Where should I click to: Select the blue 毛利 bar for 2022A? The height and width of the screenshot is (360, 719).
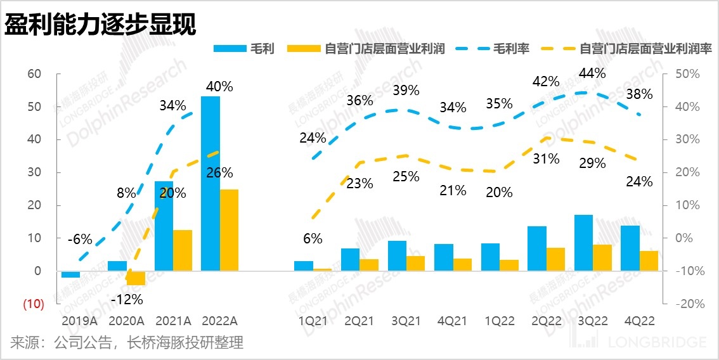(211, 184)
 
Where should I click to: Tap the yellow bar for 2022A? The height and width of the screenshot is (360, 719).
(230, 230)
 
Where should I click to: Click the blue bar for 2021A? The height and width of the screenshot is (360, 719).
(164, 226)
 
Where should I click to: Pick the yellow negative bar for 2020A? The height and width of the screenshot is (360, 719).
(136, 278)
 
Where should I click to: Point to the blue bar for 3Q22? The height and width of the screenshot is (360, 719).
(583, 243)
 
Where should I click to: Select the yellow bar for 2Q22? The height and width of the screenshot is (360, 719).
(555, 259)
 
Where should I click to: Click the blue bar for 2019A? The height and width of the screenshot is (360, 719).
(70, 274)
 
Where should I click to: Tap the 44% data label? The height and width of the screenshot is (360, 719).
(592, 73)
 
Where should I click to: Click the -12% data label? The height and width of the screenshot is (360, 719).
(127, 299)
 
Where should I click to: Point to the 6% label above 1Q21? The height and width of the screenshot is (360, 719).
(312, 239)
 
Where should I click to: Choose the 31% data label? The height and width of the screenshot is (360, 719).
(546, 159)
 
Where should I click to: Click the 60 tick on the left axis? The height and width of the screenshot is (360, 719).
(34, 74)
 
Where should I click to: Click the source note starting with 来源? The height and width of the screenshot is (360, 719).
(127, 344)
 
